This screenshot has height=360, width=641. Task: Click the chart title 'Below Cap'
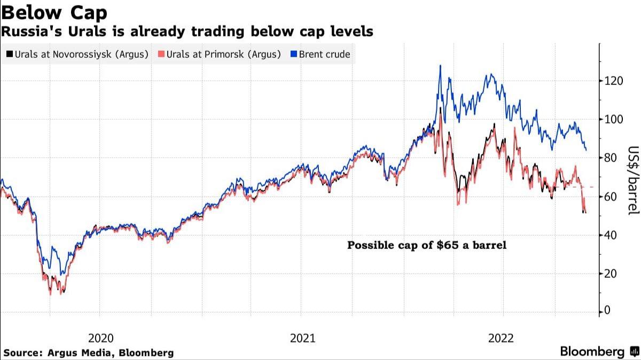[x=54, y=12]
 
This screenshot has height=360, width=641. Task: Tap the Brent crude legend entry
[x=320, y=54]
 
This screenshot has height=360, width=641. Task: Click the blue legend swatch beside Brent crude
[x=293, y=54]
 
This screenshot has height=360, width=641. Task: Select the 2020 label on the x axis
[x=100, y=338]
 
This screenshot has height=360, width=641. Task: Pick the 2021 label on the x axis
[x=302, y=338]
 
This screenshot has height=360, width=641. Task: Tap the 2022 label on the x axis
[x=501, y=338]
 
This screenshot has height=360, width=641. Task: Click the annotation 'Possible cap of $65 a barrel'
[x=426, y=246]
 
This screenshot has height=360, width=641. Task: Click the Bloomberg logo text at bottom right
[x=592, y=351]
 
